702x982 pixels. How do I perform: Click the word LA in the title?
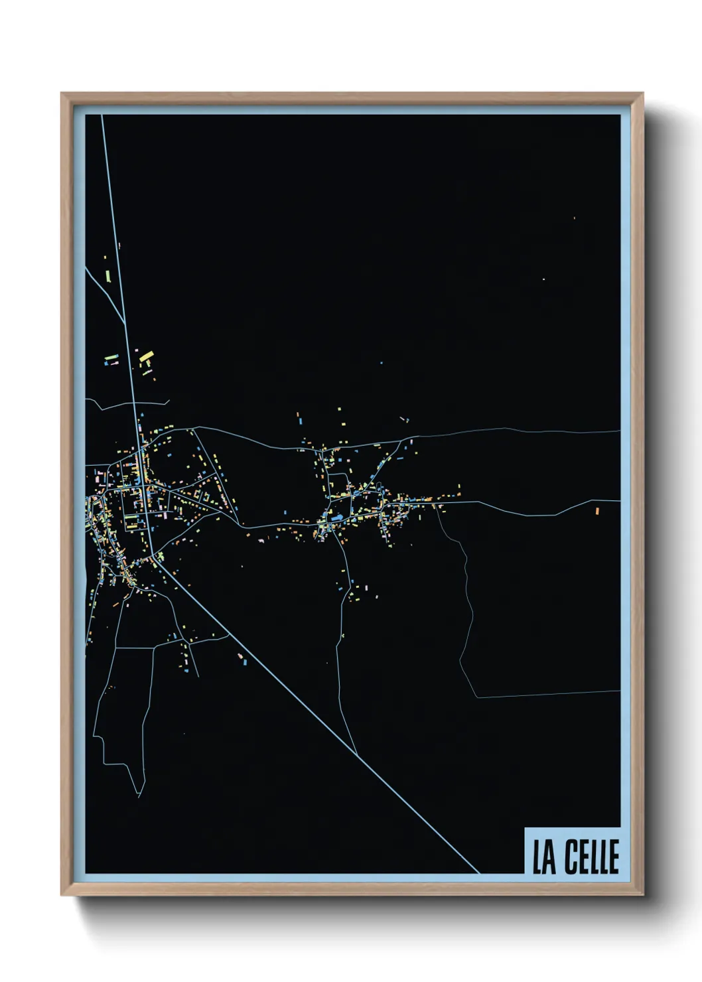[544, 857]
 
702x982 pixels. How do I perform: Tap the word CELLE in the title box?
[592, 857]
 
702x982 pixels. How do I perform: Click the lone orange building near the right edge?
[597, 511]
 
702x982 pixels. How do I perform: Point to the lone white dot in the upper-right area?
[543, 279]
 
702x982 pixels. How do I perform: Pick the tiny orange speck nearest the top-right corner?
[574, 218]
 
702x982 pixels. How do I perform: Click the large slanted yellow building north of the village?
[145, 357]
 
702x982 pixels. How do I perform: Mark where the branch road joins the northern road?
[125, 323]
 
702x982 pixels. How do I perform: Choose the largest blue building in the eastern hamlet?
[338, 516]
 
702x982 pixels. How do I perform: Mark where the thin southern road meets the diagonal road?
[357, 755]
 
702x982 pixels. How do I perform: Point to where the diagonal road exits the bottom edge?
[478, 872]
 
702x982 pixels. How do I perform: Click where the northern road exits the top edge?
[102, 116]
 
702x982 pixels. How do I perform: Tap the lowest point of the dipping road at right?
[527, 514]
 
